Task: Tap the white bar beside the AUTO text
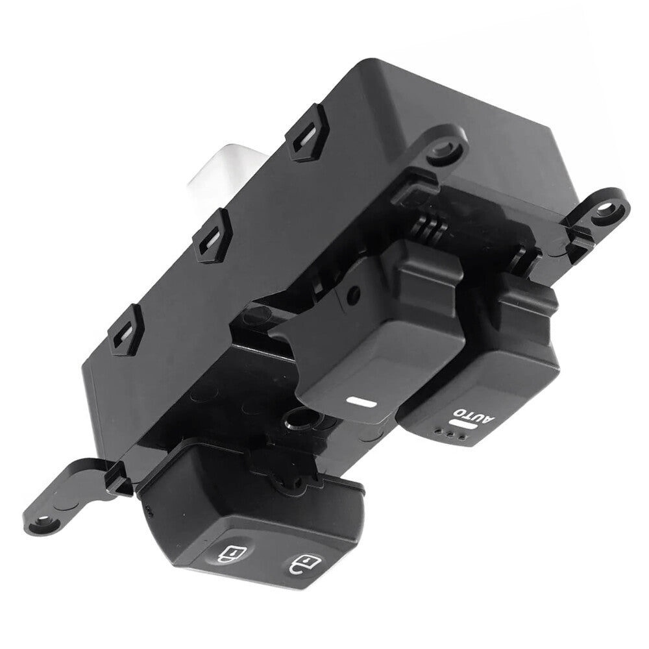[x=462, y=426]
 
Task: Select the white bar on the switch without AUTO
[x=362, y=401]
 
